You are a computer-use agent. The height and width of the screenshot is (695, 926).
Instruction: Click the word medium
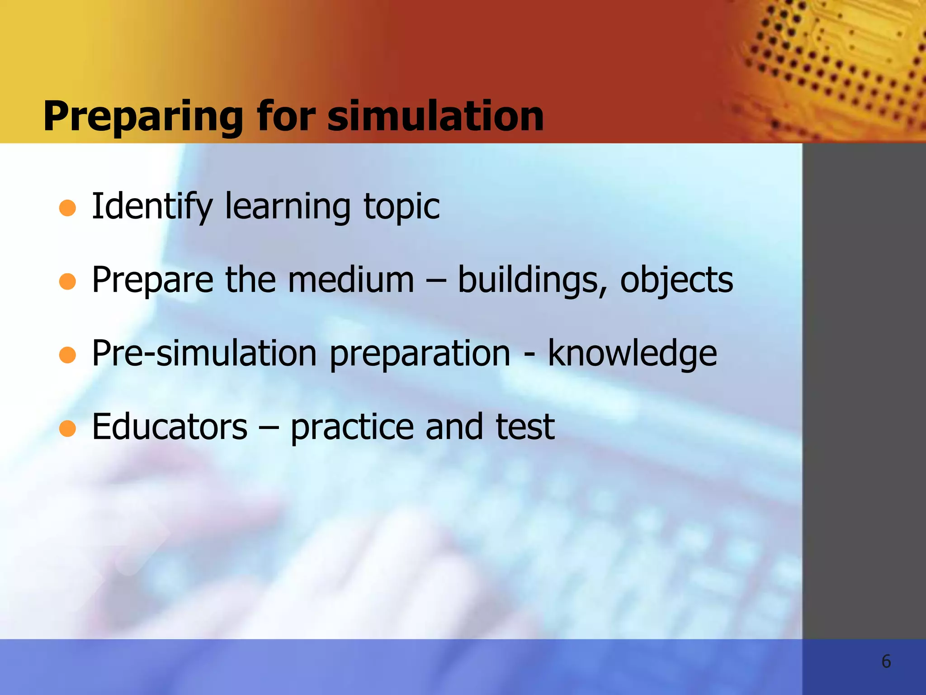tap(351, 280)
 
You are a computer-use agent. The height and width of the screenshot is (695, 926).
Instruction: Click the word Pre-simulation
tap(204, 354)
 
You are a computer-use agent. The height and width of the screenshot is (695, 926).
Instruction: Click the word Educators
tap(170, 427)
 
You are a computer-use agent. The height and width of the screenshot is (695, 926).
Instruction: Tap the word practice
tap(352, 428)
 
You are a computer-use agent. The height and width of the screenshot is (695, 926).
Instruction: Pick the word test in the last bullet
tap(525, 427)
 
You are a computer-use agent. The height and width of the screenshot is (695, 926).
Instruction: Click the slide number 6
tap(886, 662)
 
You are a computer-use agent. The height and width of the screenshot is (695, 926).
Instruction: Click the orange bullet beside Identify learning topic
tap(67, 208)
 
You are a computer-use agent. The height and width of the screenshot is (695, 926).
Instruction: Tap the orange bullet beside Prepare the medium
tap(67, 281)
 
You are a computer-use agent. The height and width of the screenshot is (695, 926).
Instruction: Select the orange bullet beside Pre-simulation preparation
tap(67, 355)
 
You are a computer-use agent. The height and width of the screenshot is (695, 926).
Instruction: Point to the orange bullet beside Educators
tap(67, 428)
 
